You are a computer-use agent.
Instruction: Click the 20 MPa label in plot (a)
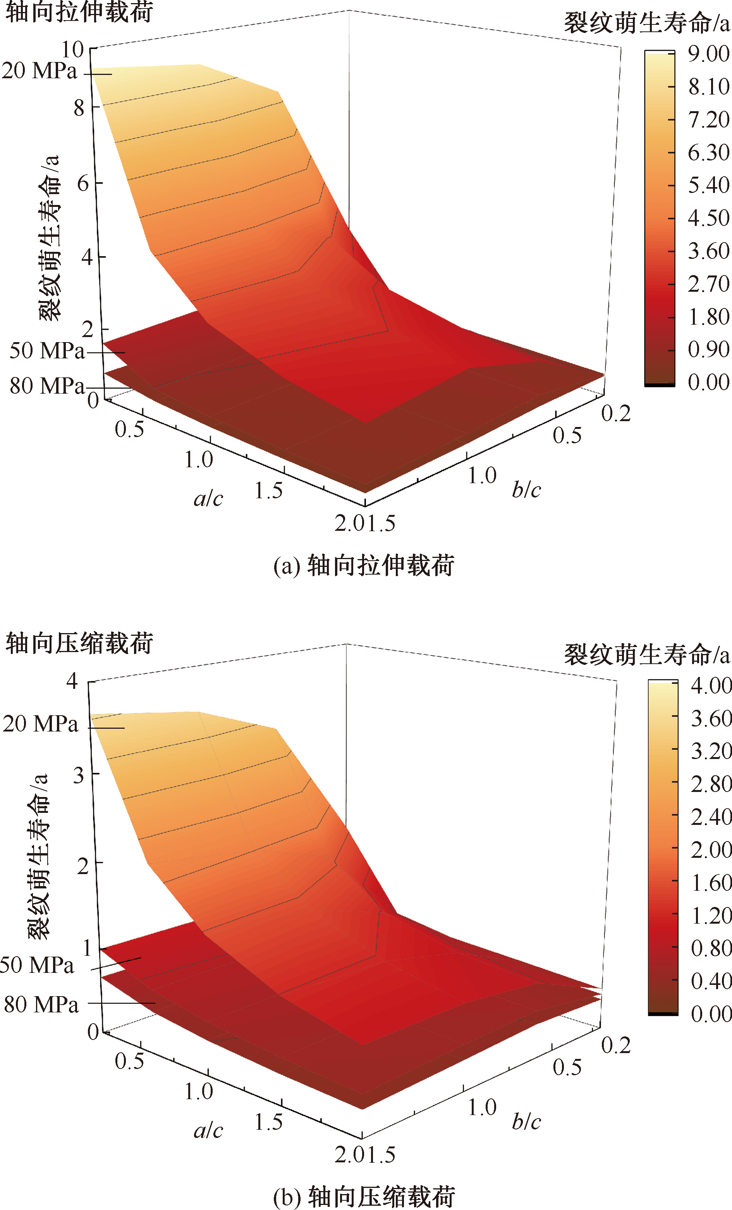(x=39, y=71)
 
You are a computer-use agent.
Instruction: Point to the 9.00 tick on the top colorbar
(x=708, y=53)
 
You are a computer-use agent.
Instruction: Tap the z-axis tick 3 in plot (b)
(x=79, y=775)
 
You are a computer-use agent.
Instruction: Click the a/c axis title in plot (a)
(x=208, y=499)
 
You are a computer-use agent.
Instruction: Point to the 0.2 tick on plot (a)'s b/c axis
(x=616, y=414)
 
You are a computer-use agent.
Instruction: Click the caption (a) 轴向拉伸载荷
(x=364, y=565)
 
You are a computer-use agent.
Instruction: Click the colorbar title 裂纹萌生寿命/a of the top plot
(x=646, y=23)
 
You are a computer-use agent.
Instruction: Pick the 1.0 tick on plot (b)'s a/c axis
(x=199, y=1092)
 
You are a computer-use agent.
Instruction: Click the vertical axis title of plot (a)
(x=49, y=238)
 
